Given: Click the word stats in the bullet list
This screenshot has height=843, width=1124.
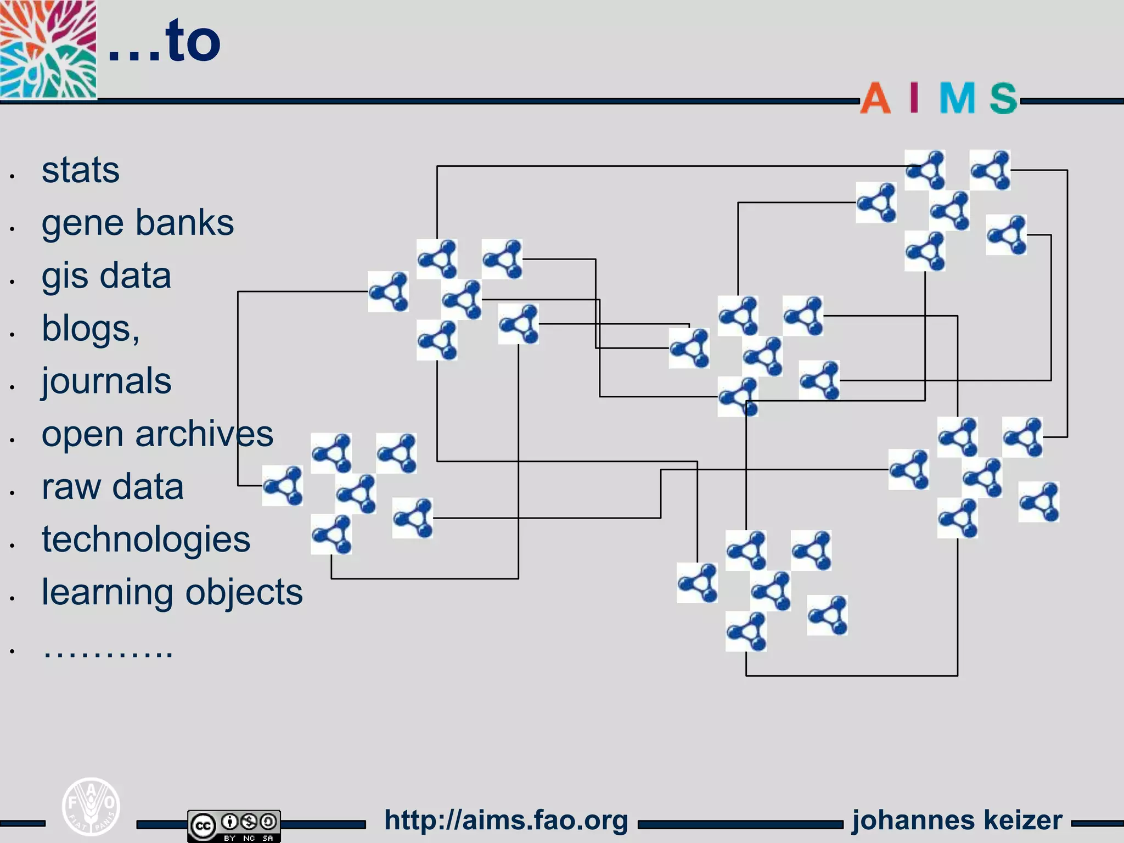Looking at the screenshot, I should (80, 170).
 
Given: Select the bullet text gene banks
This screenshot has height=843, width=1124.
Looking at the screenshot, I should (137, 223).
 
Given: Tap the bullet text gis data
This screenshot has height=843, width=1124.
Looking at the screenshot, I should (106, 276).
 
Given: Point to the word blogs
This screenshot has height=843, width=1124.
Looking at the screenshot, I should (88, 328).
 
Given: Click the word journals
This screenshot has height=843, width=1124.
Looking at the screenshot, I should (106, 381).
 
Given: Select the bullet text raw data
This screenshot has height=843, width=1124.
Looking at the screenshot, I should (112, 486).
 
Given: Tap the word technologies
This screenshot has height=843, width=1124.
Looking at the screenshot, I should (145, 539).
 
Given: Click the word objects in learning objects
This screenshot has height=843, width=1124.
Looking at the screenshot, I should (244, 592).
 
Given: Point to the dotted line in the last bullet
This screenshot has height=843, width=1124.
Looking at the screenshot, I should (108, 651).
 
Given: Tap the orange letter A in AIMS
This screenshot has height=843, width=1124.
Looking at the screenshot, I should (875, 99).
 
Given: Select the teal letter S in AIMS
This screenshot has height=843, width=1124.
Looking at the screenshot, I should (1003, 99).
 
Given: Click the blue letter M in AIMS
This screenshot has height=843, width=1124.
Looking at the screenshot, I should (957, 99).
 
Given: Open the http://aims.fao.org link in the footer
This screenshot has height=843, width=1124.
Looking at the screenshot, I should (505, 820).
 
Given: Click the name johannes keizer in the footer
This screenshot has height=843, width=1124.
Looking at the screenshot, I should (957, 820).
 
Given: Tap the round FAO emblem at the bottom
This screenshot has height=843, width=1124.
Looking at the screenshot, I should (91, 806).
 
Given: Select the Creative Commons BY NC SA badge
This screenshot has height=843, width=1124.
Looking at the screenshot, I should (234, 825).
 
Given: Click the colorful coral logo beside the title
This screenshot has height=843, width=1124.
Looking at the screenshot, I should (48, 49).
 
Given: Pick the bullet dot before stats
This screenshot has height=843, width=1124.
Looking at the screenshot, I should (12, 176).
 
